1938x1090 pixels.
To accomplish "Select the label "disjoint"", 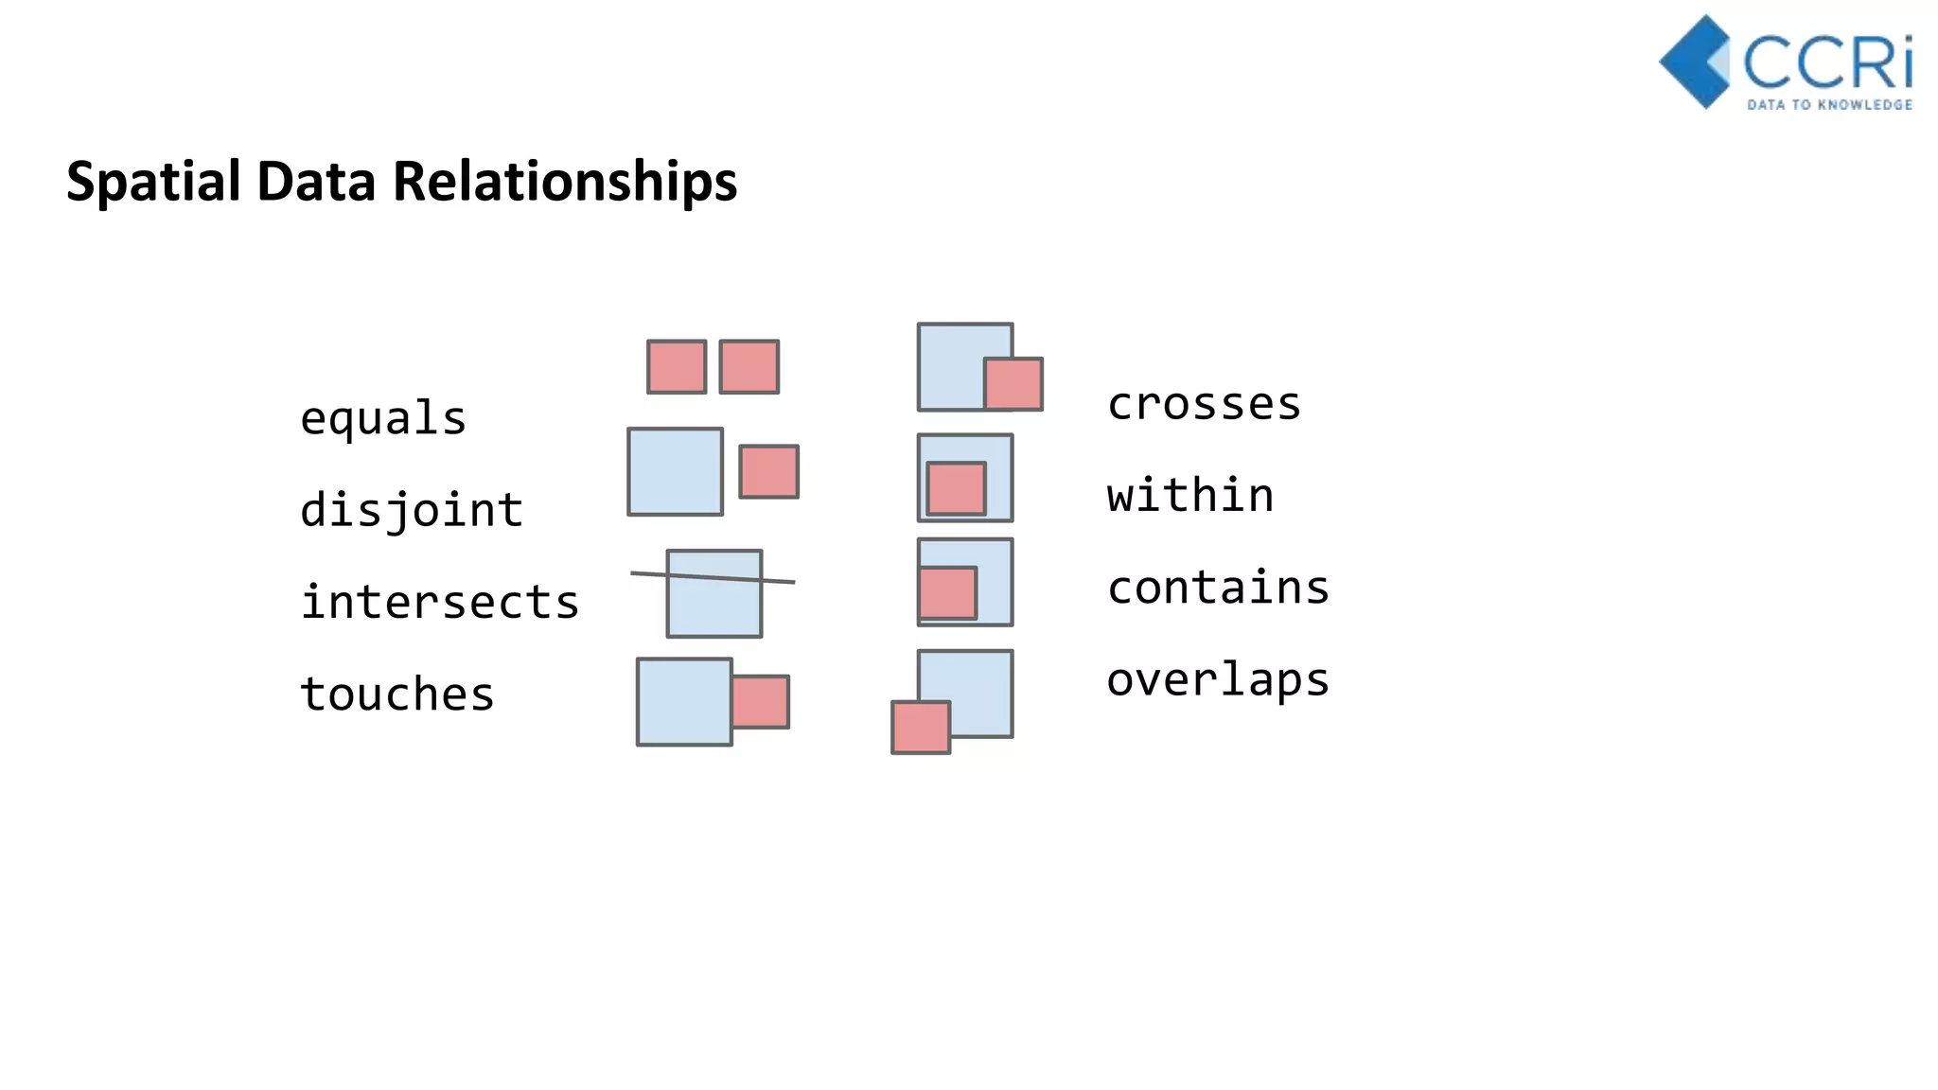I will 412,511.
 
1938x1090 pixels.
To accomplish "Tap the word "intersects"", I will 440,603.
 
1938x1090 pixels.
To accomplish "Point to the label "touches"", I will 397,694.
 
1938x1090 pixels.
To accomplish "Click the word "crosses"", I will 1204,405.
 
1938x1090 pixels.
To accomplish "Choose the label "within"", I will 1190,496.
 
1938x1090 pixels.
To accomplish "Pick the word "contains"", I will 1218,588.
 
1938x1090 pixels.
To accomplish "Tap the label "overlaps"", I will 1218,680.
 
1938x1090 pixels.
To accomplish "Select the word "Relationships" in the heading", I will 565,181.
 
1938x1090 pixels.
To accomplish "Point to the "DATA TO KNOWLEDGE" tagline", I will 1829,105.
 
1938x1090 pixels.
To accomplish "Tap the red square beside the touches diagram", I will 761,701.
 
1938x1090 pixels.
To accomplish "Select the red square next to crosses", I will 1013,384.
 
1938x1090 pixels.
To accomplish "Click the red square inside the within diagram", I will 956,488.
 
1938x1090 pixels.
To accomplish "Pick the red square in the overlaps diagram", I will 921,727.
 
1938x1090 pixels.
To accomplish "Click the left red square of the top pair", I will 677,366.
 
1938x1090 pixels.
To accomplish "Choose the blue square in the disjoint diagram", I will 675,471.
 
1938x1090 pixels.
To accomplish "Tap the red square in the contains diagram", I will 947,593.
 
